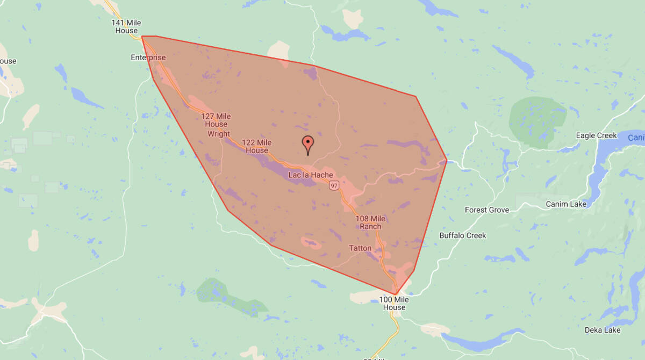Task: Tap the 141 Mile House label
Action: [126, 27]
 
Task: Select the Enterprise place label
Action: [148, 57]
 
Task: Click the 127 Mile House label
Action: [216, 120]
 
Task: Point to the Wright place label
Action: [219, 134]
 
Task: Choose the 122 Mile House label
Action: [257, 147]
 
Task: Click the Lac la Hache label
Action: [311, 175]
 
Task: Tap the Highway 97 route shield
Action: [334, 186]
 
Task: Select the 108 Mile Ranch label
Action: [370, 222]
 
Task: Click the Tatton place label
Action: [360, 248]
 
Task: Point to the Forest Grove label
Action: [487, 210]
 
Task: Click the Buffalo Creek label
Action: [463, 235]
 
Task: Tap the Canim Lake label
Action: [565, 204]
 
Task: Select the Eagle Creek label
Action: [596, 135]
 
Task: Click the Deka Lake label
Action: [603, 330]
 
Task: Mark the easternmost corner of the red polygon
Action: [447, 160]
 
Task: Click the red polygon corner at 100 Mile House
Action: [396, 294]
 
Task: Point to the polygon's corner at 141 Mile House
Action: [142, 37]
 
